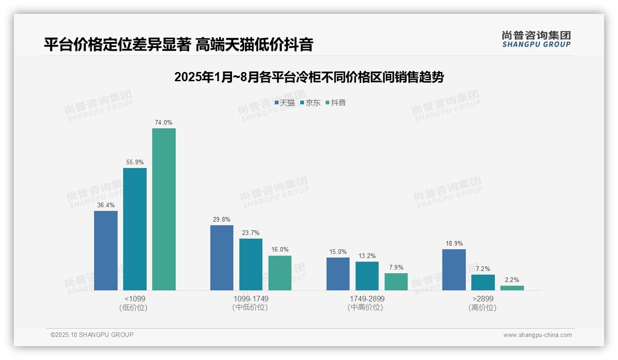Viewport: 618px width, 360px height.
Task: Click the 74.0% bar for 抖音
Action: [164, 209]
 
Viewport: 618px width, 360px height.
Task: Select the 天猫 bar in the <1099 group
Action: [106, 251]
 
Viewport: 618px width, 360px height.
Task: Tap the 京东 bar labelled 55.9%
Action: [135, 229]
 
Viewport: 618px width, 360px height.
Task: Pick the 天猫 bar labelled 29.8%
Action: [222, 258]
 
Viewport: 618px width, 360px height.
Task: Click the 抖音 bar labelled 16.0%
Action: [280, 273]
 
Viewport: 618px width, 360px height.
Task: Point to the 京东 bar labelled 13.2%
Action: [367, 276]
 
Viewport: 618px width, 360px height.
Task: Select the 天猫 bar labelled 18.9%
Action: [454, 270]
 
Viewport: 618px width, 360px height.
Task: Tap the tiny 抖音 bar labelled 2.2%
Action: [512, 288]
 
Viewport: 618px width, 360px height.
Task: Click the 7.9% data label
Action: [396, 267]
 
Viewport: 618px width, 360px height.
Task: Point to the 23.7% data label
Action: [251, 233]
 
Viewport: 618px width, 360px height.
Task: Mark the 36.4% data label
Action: [106, 205]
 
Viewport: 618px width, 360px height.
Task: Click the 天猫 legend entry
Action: [285, 102]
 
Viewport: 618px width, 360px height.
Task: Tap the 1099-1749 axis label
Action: [251, 299]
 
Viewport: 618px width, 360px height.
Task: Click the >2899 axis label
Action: [482, 299]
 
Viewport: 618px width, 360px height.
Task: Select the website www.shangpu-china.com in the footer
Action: [537, 335]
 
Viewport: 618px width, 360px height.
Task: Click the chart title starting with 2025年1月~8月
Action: [309, 77]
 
